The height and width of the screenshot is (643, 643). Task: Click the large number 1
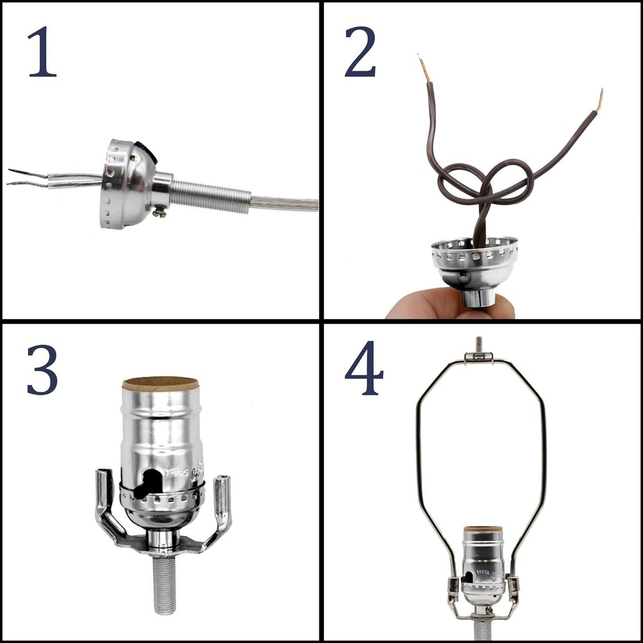pyautogui.click(x=42, y=51)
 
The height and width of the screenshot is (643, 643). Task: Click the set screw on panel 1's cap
pyautogui.click(x=159, y=209)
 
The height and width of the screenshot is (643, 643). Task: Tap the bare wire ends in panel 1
pyautogui.click(x=26, y=177)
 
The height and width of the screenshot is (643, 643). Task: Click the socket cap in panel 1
pyautogui.click(x=125, y=183)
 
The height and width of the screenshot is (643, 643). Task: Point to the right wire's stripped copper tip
pyautogui.click(x=599, y=100)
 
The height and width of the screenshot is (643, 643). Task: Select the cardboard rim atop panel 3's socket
pyautogui.click(x=160, y=384)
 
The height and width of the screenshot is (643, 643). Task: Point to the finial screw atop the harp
pyautogui.click(x=478, y=344)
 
